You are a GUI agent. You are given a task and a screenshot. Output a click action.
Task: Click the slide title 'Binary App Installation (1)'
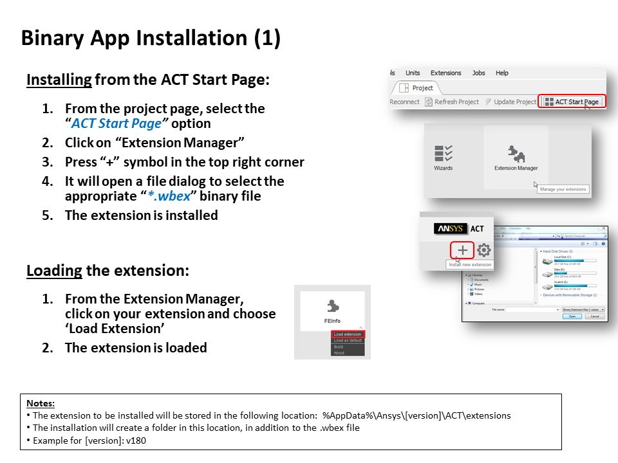click(x=151, y=38)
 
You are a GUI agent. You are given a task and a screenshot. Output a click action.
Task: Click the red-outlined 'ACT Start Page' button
click(x=572, y=102)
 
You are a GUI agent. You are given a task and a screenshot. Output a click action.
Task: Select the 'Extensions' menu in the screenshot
click(x=445, y=73)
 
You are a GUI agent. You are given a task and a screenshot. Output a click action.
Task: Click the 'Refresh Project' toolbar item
click(x=451, y=102)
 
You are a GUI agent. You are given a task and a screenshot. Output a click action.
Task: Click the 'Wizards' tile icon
click(x=443, y=154)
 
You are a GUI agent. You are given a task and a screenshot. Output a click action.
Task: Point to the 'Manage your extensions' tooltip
click(x=563, y=189)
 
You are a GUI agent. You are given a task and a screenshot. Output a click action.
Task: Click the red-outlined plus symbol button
click(x=462, y=250)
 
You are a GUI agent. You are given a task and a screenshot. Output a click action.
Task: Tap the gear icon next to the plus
click(x=483, y=250)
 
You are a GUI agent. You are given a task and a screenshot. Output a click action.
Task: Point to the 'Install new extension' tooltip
click(x=470, y=264)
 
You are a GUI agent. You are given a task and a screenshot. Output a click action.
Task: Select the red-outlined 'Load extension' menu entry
click(x=348, y=334)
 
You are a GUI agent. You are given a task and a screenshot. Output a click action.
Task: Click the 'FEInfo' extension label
click(x=332, y=320)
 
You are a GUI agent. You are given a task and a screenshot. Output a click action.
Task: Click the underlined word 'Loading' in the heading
click(x=54, y=270)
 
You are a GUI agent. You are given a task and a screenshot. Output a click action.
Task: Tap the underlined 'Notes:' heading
click(x=40, y=403)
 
